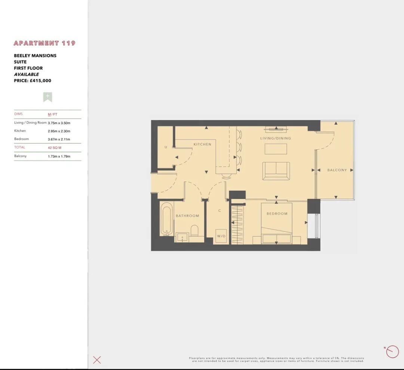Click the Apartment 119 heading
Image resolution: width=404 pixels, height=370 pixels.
pos(44,43)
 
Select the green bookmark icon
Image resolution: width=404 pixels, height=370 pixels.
pos(48,97)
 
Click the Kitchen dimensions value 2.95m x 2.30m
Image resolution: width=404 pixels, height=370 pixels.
pos(59,131)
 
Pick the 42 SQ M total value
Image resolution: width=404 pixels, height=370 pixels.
pos(55,148)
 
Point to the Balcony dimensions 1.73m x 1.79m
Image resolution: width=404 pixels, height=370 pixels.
pos(59,156)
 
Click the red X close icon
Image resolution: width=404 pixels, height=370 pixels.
pos(97,360)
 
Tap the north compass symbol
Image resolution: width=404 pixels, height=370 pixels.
pos(392,352)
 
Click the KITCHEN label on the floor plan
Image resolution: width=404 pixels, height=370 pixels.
pos(202,144)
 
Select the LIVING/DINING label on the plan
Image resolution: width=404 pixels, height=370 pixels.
pos(275,138)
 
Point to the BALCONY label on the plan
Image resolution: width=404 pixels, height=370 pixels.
pos(337,170)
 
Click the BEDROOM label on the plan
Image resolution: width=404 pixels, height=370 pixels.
pos(277,213)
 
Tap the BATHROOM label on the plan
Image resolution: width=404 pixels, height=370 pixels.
pos(187,216)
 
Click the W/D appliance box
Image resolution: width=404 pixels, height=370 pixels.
pos(221,236)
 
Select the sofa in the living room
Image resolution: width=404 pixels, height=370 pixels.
pos(276,171)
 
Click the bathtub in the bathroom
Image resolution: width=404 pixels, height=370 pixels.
pos(166,219)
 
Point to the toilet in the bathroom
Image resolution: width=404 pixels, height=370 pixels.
pos(194,231)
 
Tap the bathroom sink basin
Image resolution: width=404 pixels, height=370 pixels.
pos(182,237)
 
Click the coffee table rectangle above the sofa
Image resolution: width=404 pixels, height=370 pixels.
pos(276,149)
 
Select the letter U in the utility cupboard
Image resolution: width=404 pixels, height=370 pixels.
pos(166,147)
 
